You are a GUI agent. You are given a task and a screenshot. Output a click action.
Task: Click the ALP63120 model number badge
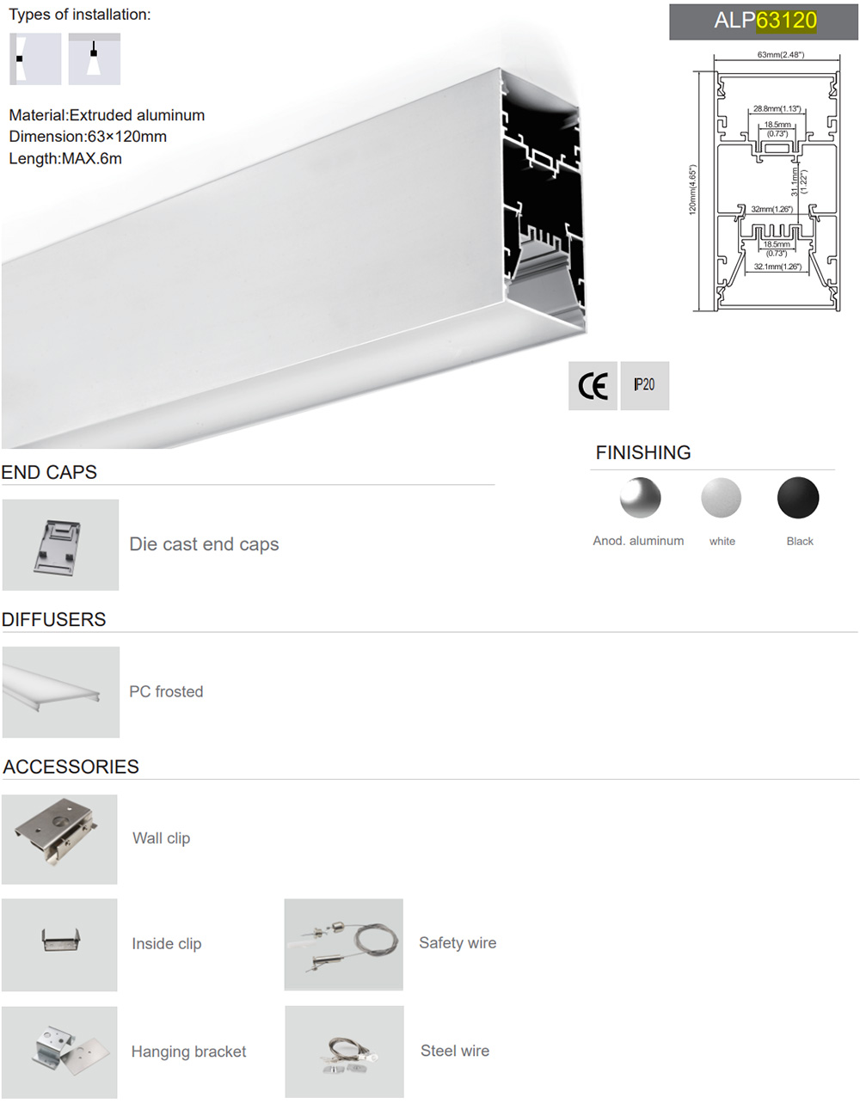[764, 21]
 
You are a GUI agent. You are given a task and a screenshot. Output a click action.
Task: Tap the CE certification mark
[593, 386]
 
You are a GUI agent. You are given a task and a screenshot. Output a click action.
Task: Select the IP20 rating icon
[645, 386]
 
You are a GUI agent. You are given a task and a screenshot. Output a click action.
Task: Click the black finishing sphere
[798, 497]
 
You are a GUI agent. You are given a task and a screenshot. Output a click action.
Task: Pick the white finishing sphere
[722, 497]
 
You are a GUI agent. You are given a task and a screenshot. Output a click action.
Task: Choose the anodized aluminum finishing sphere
[640, 497]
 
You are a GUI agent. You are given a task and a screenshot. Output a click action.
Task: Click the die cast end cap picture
[60, 544]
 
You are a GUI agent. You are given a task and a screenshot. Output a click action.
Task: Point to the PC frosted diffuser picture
[61, 692]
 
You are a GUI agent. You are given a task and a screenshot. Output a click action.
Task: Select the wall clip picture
[59, 839]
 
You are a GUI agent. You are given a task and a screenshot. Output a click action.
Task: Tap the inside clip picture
[59, 944]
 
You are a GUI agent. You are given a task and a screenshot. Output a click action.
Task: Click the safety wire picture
[344, 944]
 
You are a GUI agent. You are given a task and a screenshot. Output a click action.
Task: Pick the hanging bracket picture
[59, 1052]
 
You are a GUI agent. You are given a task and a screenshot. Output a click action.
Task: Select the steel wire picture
[344, 1052]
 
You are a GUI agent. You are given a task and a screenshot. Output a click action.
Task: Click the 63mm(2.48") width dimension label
[780, 54]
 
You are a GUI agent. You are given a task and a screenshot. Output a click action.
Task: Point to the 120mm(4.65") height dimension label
[692, 189]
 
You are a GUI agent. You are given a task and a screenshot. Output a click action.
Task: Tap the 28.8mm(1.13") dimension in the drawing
[777, 108]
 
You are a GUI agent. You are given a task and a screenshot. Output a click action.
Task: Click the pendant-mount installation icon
[95, 59]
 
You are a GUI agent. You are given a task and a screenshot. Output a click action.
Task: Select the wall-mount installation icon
[35, 59]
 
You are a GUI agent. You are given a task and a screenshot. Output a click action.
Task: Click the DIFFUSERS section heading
[54, 619]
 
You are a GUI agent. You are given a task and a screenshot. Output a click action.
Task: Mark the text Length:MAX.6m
[65, 158]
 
